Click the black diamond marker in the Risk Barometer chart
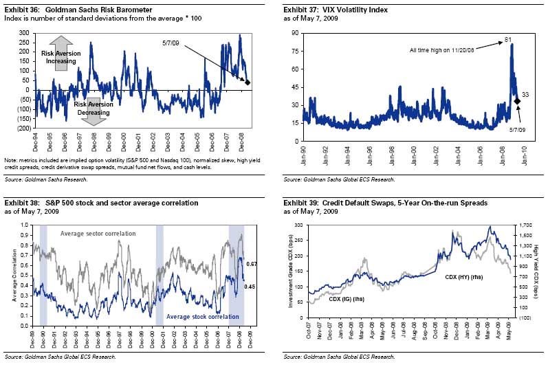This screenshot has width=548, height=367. point(248,82)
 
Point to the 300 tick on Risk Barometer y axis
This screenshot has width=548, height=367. point(24,33)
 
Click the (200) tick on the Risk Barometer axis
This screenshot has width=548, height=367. point(23,129)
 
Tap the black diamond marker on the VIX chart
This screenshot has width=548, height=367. point(517,101)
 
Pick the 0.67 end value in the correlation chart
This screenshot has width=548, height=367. point(252,264)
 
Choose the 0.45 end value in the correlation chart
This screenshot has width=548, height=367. point(252,287)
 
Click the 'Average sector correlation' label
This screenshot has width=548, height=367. point(98,234)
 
